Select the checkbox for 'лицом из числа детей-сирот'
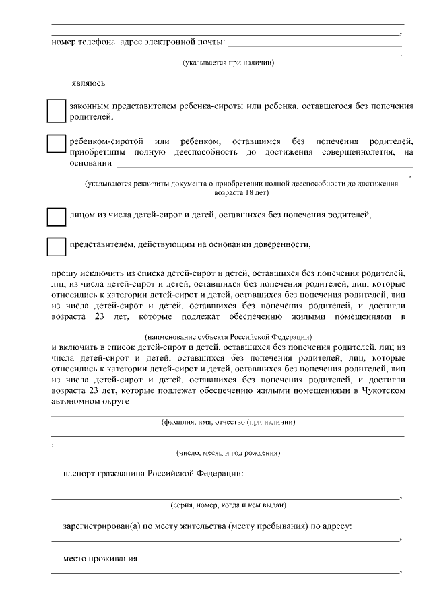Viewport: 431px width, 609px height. pos(55,216)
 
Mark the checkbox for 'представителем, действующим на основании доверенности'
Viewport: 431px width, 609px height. pos(55,246)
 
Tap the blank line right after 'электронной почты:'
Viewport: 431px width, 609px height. pos(314,44)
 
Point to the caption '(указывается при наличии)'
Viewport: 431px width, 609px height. pos(228,63)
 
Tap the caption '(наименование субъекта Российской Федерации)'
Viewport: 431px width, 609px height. pos(228,335)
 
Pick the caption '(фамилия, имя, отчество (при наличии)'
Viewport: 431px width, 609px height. pos(228,423)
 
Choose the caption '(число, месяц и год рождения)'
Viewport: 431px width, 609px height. pos(228,453)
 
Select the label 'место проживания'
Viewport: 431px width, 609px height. pos(100,559)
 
